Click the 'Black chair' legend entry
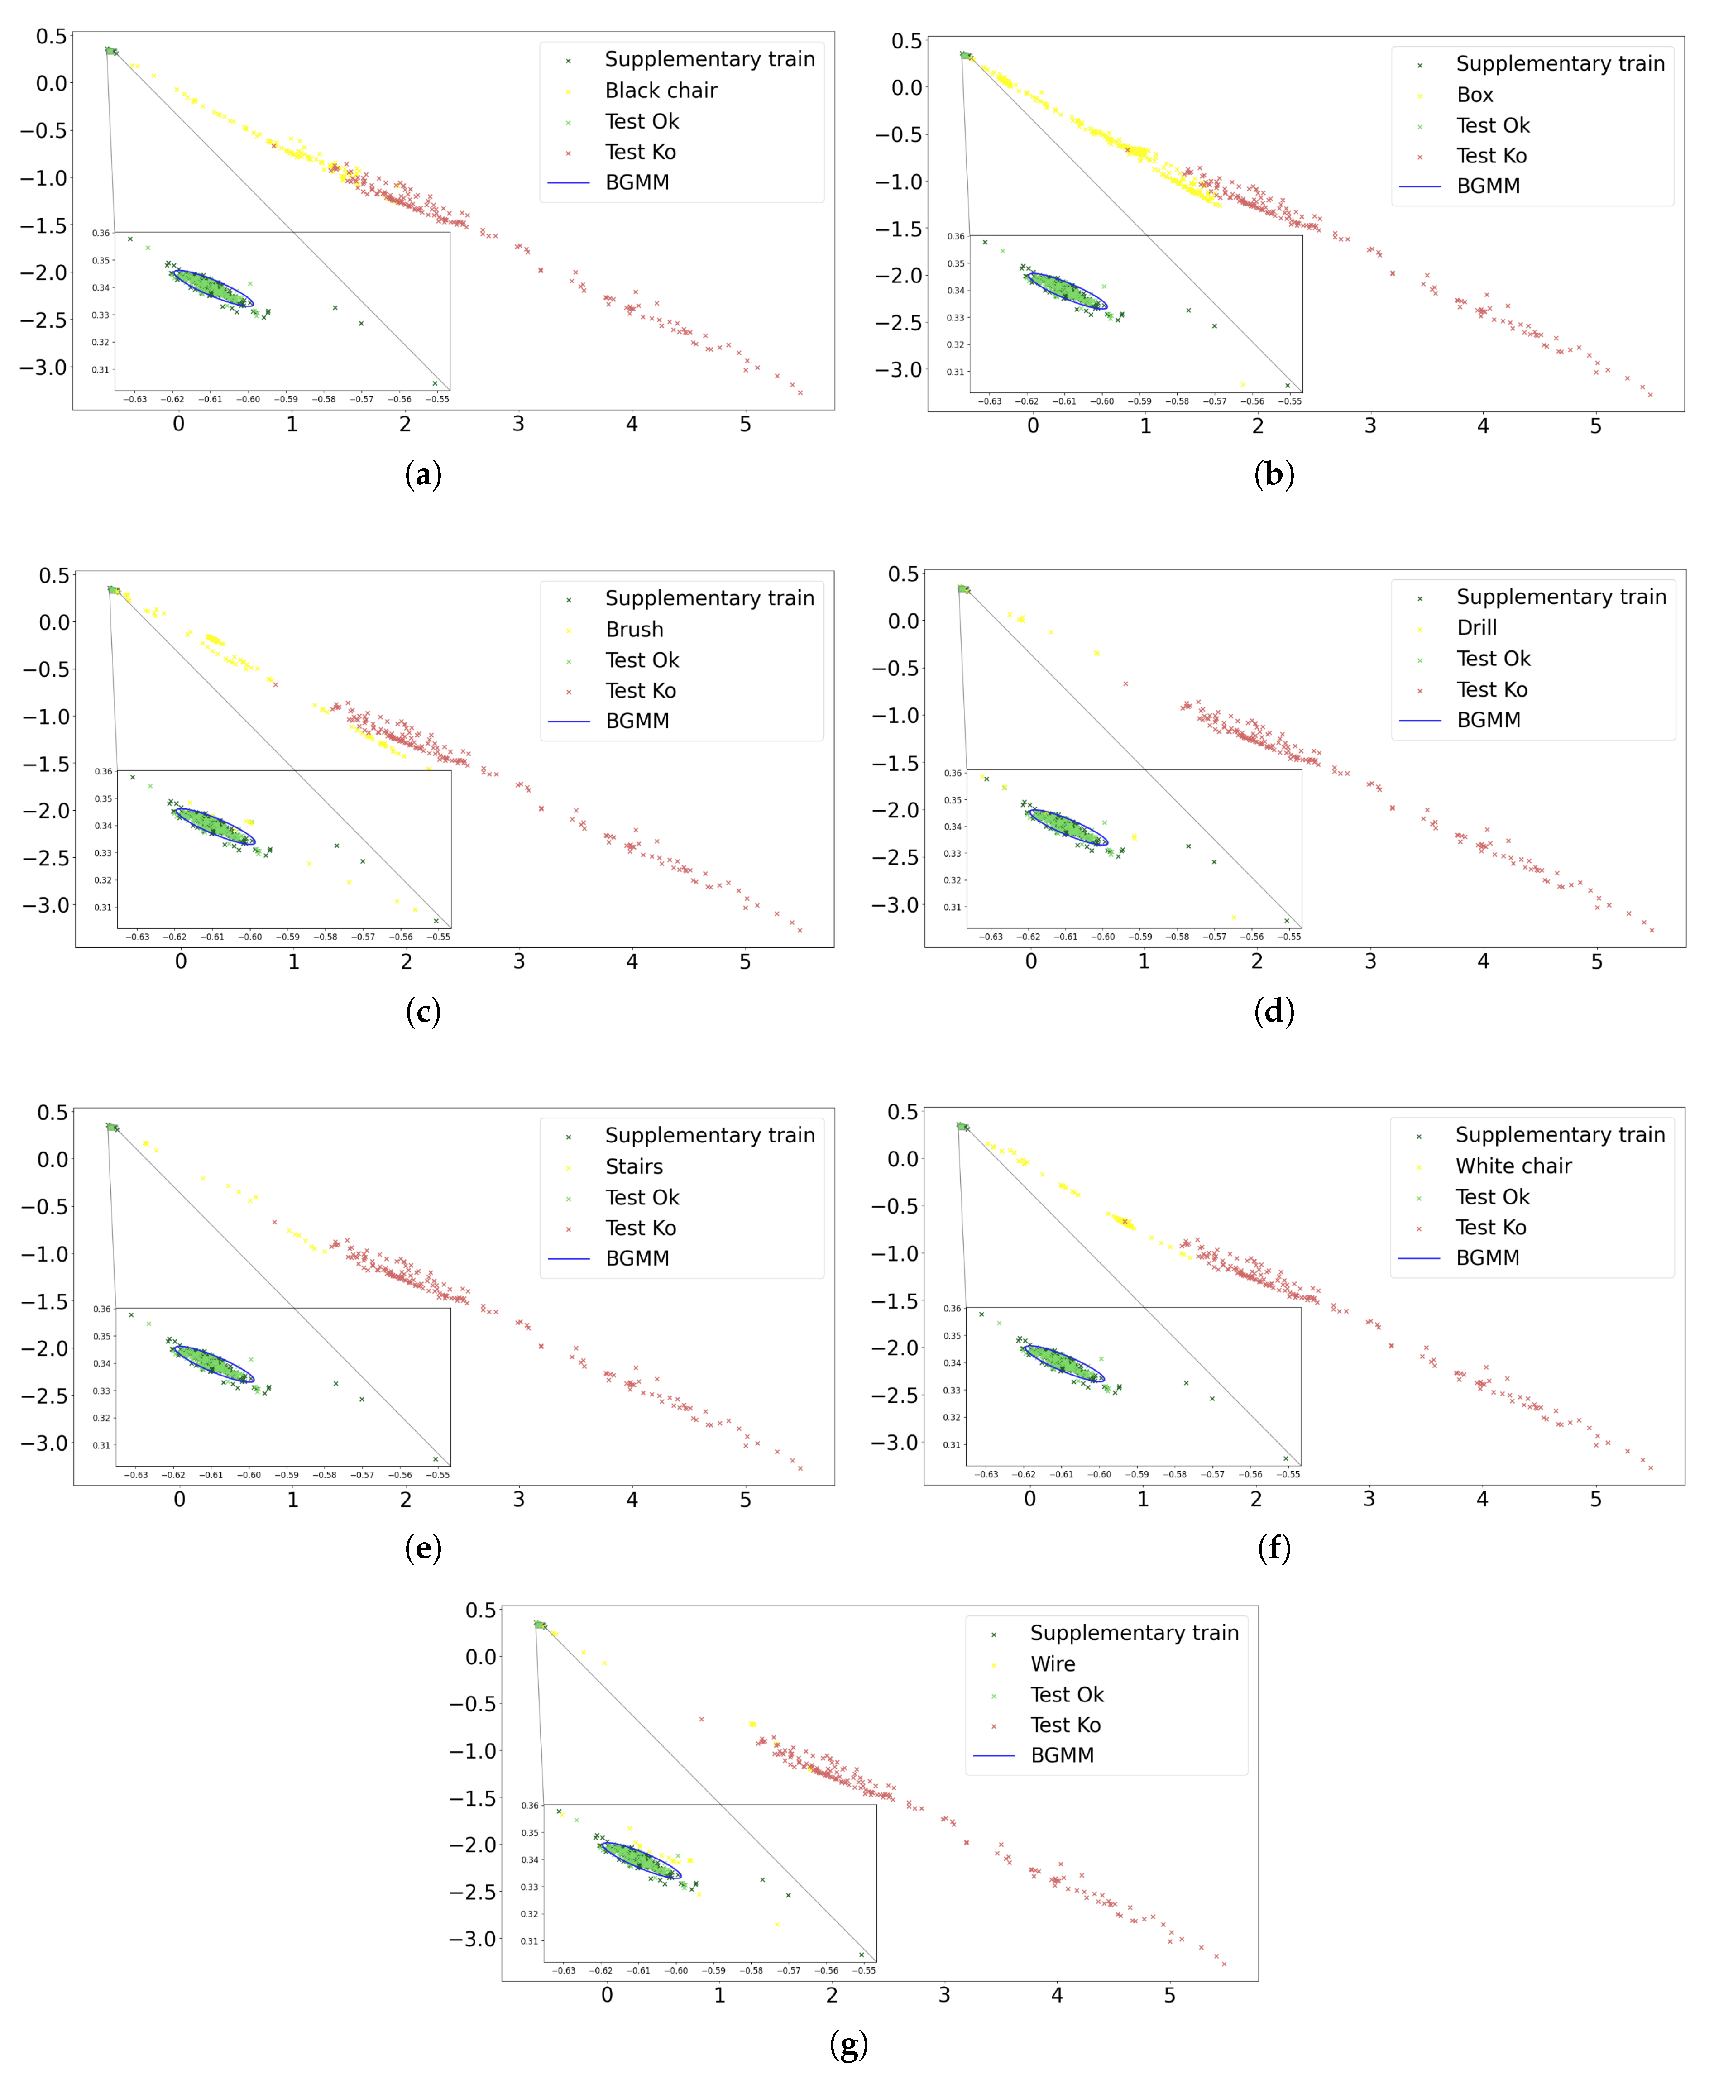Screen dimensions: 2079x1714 pos(661,91)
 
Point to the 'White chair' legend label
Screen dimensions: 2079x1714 pos(1513,1166)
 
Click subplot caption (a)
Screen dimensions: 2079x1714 pos(422,475)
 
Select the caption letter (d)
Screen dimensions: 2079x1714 pos(1274,1011)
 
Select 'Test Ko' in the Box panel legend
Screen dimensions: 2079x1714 pos(1491,156)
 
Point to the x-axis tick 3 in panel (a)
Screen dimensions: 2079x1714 pos(518,425)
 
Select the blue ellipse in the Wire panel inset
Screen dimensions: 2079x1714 pos(640,1860)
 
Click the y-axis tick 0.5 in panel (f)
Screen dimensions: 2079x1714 pos(902,1112)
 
